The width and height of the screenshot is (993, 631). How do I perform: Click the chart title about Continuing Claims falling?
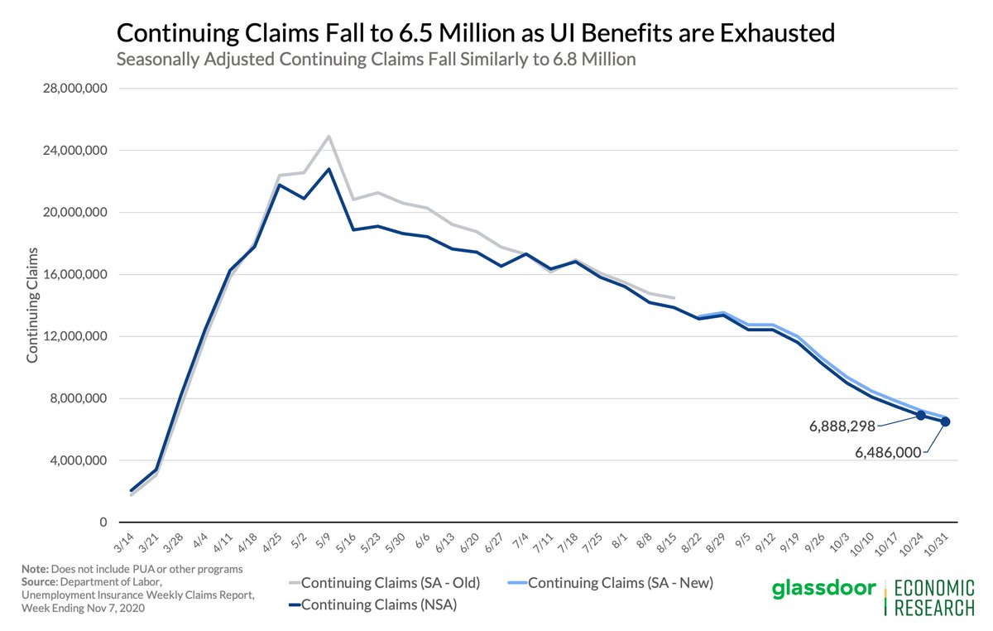point(475,33)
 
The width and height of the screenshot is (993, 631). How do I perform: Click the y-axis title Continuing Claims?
point(33,305)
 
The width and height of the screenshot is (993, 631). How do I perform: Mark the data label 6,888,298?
point(842,427)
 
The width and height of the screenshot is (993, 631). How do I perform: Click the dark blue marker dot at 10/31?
point(945,421)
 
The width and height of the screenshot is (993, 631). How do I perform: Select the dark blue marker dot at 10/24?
point(921,415)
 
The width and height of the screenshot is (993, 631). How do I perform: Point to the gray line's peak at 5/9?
point(329,137)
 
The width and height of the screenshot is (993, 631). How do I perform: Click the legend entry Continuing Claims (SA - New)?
point(619,583)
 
